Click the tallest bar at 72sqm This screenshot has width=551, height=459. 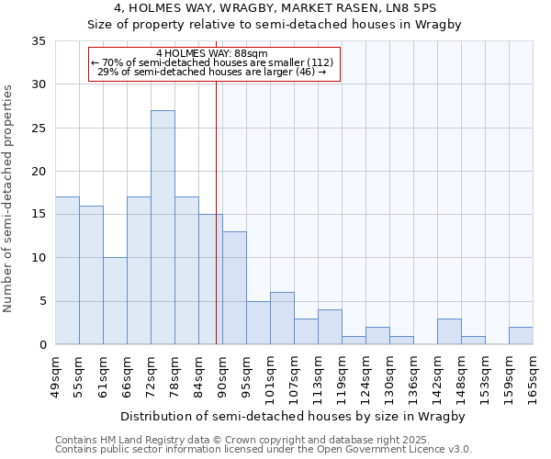click(x=163, y=228)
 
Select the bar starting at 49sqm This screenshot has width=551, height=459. click(x=67, y=271)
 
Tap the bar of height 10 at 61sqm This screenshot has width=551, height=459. click(x=115, y=301)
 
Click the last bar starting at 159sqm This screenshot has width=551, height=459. click(x=521, y=336)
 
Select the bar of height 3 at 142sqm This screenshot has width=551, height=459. click(x=449, y=331)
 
